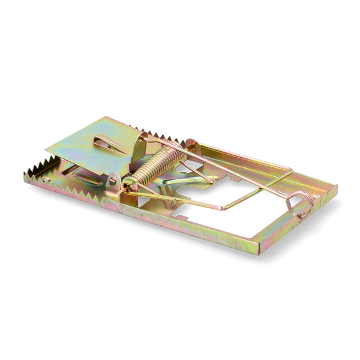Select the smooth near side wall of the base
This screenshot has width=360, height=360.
(180, 231)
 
